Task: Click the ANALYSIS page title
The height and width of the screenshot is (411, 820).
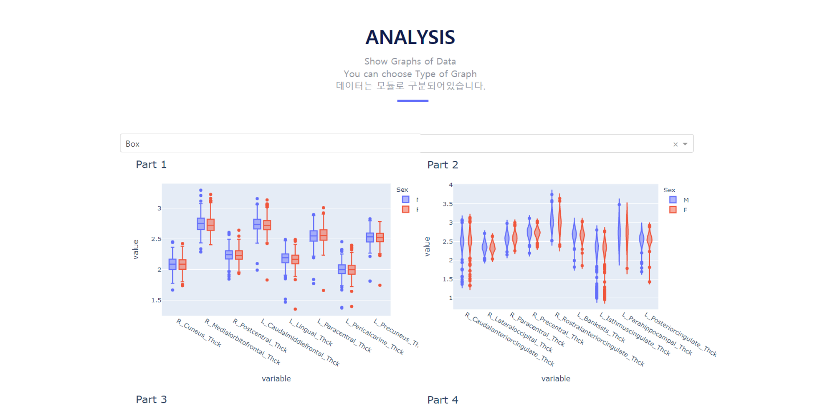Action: [x=410, y=38]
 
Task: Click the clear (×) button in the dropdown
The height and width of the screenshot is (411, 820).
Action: [x=675, y=144]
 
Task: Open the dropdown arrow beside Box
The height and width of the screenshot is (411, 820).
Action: [x=685, y=144]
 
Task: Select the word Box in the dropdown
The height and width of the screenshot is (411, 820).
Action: [x=132, y=144]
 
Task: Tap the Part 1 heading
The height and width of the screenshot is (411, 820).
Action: [x=151, y=165]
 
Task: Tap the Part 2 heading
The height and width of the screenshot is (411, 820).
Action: [x=443, y=165]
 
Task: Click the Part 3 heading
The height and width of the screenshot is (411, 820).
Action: [x=151, y=400]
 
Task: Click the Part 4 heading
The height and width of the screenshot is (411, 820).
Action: [x=443, y=400]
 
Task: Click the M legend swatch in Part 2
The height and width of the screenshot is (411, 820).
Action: [x=673, y=200]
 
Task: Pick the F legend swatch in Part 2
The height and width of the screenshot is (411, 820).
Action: [x=673, y=210]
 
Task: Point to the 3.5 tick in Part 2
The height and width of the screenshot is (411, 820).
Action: [x=448, y=204]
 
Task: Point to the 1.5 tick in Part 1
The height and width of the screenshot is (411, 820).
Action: [x=156, y=300]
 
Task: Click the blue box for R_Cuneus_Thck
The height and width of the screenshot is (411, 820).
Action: [x=172, y=264]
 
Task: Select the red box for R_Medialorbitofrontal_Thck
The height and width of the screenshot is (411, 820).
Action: [x=210, y=225]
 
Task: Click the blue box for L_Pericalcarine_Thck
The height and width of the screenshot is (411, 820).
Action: [x=342, y=269]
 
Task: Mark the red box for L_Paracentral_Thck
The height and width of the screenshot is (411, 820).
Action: [x=323, y=235]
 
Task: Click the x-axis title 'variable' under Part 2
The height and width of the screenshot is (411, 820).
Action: [x=555, y=378]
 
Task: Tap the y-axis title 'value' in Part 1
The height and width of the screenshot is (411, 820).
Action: [x=136, y=249]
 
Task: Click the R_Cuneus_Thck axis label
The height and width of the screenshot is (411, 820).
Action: [x=199, y=333]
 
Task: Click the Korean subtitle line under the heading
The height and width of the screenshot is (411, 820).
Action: [x=410, y=86]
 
